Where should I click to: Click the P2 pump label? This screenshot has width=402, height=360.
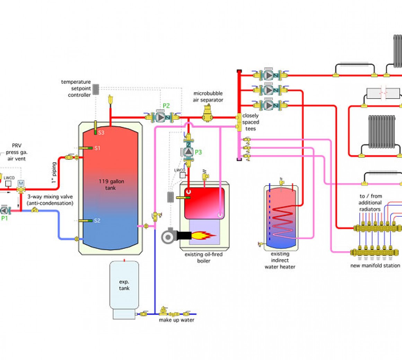tap(166, 106)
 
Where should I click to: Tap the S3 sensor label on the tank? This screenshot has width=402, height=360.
tap(101, 133)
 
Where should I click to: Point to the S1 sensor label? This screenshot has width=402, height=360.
tap(97, 148)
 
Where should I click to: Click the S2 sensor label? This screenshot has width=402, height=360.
tap(97, 220)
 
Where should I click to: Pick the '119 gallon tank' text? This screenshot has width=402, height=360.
tap(111, 184)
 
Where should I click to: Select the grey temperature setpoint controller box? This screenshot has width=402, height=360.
tap(96, 89)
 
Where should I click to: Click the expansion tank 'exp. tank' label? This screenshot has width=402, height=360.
tap(124, 285)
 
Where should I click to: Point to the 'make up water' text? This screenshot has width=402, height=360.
tap(176, 320)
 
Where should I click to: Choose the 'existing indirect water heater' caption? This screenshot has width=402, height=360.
tap(280, 260)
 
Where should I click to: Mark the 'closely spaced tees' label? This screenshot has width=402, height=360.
tap(251, 122)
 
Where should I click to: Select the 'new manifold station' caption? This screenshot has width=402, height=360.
tap(375, 265)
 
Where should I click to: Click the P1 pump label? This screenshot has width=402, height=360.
tap(4, 218)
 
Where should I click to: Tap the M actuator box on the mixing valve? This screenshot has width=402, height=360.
tap(21, 183)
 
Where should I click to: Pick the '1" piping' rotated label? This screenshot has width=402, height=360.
tap(54, 172)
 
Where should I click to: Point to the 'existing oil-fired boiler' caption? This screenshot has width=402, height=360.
tap(203, 258)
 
